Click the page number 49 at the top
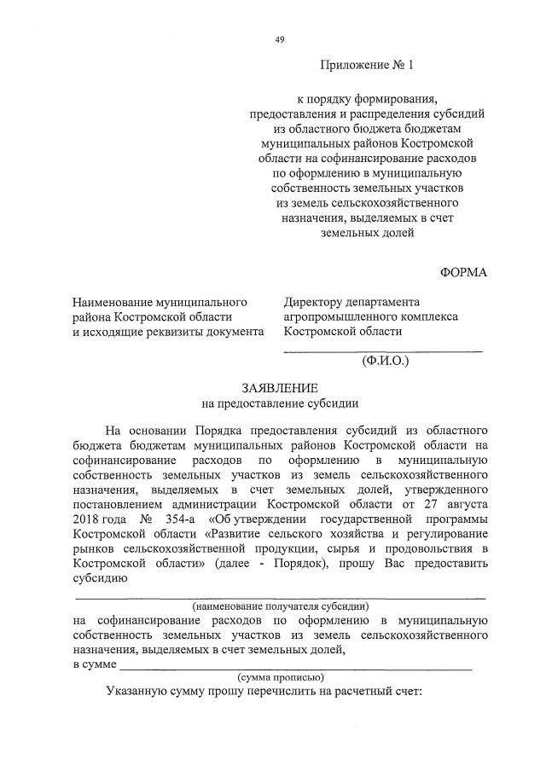[280, 39]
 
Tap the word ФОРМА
[463, 272]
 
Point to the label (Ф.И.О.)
[386, 361]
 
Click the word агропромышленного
[340, 316]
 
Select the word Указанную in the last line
[135, 692]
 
